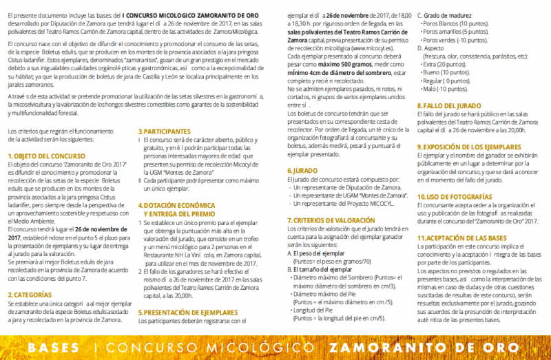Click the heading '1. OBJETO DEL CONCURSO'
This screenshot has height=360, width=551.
46,157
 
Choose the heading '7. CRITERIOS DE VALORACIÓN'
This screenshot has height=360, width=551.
331,219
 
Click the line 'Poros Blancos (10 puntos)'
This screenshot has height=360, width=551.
455,23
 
